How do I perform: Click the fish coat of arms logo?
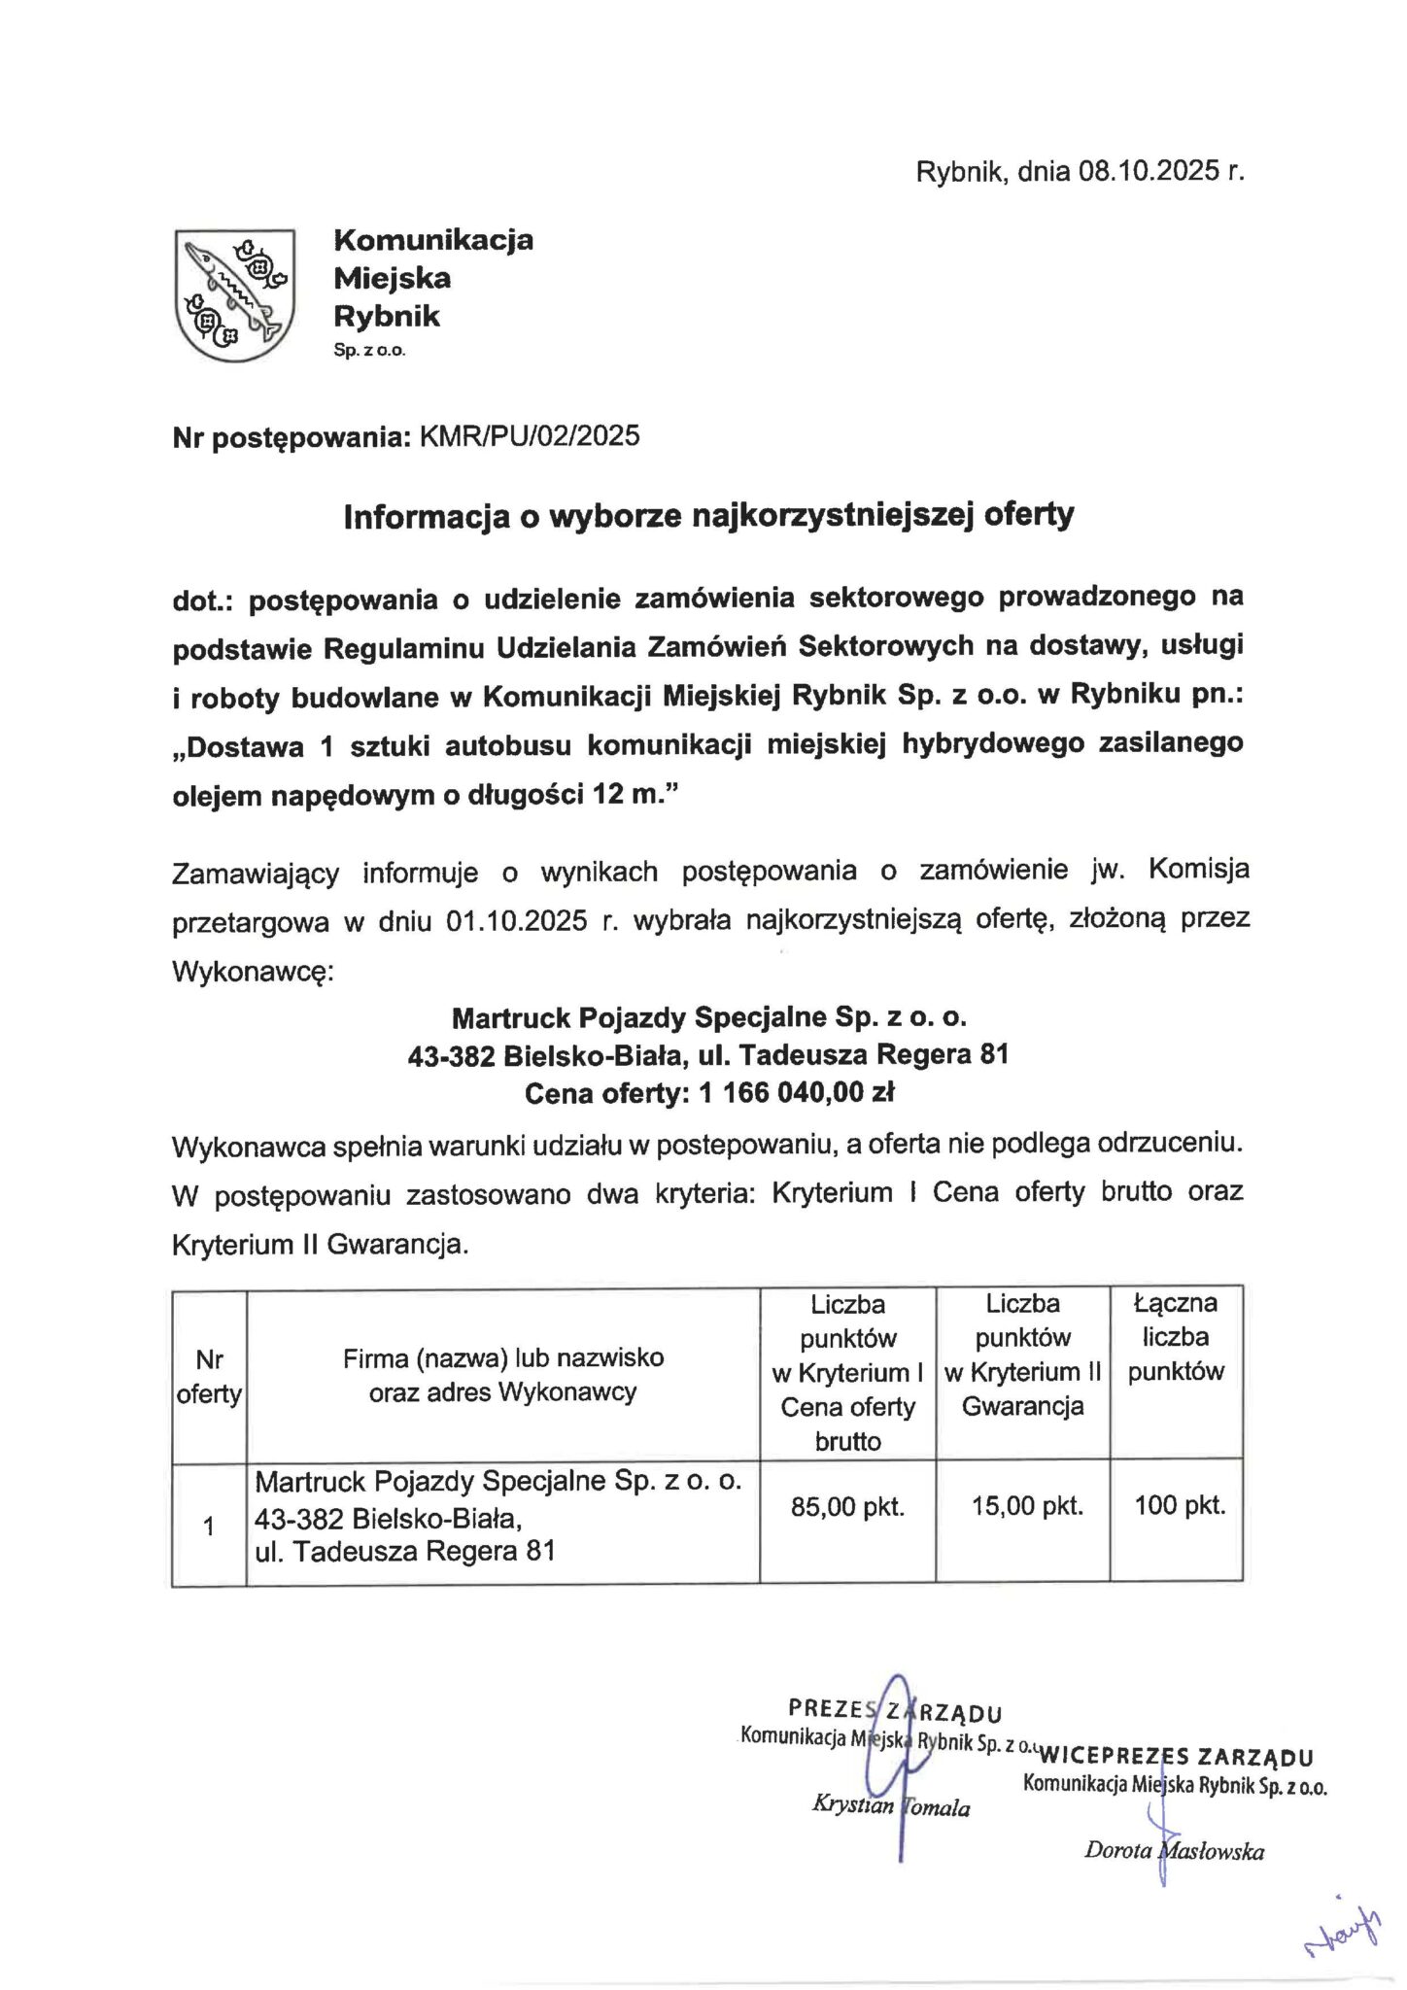coord(234,294)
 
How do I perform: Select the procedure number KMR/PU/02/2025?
coord(529,436)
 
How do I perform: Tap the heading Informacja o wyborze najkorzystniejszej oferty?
coord(708,515)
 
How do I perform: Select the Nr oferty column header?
coord(209,1377)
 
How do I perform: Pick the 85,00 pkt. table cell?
coord(847,1507)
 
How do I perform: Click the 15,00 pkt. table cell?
coord(1026,1507)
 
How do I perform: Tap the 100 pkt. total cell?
coord(1179,1507)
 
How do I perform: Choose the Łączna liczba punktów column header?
coord(1175,1337)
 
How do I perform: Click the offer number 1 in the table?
coord(209,1527)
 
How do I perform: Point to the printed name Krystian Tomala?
coord(890,1806)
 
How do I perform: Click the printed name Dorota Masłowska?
coord(1174,1851)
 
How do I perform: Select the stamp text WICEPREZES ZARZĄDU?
coord(1176,1757)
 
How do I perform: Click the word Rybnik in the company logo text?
coord(386,316)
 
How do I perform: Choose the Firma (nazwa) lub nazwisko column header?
coord(502,1357)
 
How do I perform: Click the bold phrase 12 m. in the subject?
coord(626,796)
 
